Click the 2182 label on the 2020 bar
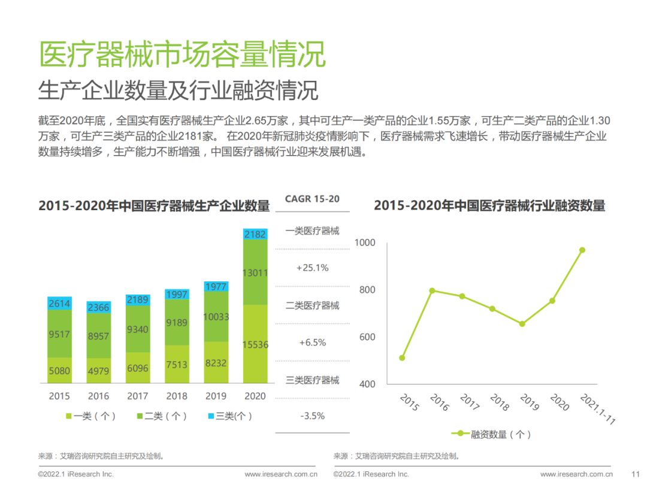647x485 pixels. pos(255,235)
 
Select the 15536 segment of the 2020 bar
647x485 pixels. pos(255,344)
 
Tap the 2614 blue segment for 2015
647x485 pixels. pos(59,304)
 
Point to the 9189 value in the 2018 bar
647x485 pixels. pos(177,323)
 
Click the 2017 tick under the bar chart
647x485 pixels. pos(138,396)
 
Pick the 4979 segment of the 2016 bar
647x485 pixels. pos(99,371)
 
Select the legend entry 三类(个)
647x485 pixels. pos(229,416)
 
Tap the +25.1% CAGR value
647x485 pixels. pos(312,268)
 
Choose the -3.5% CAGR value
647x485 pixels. pos(312,416)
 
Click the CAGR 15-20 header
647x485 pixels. pos(312,199)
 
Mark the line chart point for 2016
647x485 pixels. pos(432,290)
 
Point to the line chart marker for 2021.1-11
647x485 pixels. pos(582,250)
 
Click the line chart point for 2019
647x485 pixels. pos(522,324)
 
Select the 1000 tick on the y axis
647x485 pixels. pos(365,242)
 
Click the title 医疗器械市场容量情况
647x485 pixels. pos(182,55)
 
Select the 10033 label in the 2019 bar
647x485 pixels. pos(216,317)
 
